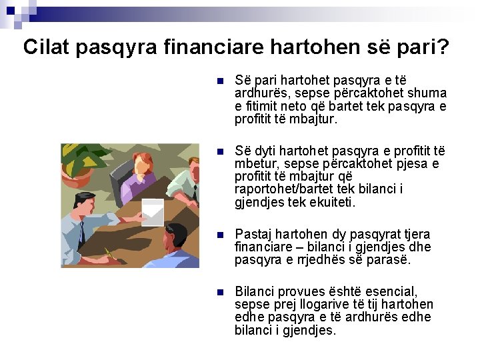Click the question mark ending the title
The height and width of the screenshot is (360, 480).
(442, 47)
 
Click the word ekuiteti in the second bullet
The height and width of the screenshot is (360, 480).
(333, 202)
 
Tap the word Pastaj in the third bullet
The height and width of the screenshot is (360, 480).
(253, 235)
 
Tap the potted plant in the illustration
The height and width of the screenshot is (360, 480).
(75, 164)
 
